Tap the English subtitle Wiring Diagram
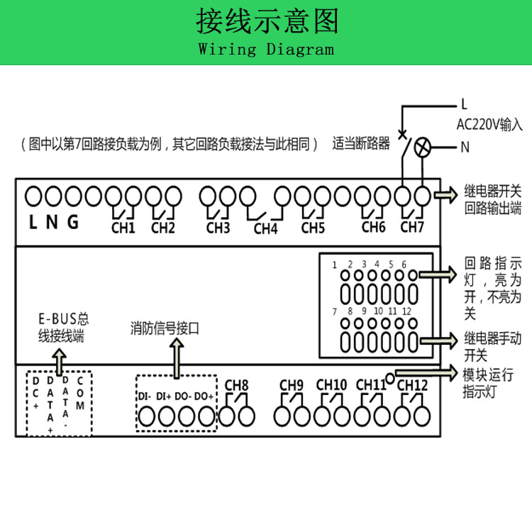[266, 50]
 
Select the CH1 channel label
[123, 228]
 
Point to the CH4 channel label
[265, 229]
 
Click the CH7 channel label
[411, 228]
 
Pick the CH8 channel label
[236, 386]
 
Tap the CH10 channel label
[331, 385]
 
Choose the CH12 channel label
[412, 385]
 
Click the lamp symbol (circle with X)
[423, 148]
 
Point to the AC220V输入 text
[489, 125]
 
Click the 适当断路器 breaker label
[361, 144]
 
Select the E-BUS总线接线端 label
[63, 328]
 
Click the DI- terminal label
[145, 396]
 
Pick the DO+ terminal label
[204, 396]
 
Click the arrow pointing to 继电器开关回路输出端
[448, 194]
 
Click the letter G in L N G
[73, 222]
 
